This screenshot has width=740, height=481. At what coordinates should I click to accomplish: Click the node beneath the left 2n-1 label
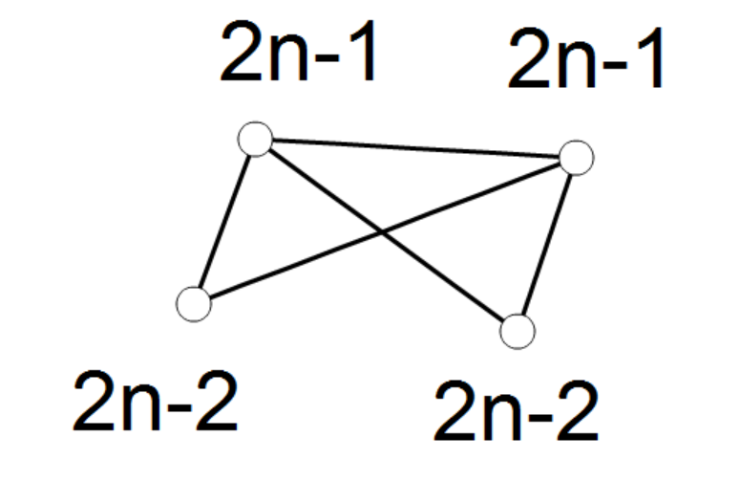coord(255,139)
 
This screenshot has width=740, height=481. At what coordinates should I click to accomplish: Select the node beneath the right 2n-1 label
coord(576,158)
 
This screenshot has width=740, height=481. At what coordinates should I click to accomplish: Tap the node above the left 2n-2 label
coord(194,304)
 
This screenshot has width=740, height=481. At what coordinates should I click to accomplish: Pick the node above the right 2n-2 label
coord(518,332)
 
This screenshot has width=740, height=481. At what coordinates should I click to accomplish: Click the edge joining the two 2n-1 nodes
coord(415,148)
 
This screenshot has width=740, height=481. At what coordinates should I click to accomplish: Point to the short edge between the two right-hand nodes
coord(546,245)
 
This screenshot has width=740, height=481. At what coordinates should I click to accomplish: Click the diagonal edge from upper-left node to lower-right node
coord(386,235)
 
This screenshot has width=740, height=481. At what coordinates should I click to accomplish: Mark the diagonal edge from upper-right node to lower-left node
coord(385,231)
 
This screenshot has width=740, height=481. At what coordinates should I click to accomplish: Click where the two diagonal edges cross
coord(382,232)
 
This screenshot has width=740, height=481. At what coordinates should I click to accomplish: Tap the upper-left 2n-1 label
coord(298,51)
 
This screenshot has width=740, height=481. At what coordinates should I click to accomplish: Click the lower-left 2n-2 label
coord(156,401)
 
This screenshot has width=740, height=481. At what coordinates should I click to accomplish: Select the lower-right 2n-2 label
coord(517,410)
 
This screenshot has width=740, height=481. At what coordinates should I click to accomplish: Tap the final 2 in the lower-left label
coord(217,401)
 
